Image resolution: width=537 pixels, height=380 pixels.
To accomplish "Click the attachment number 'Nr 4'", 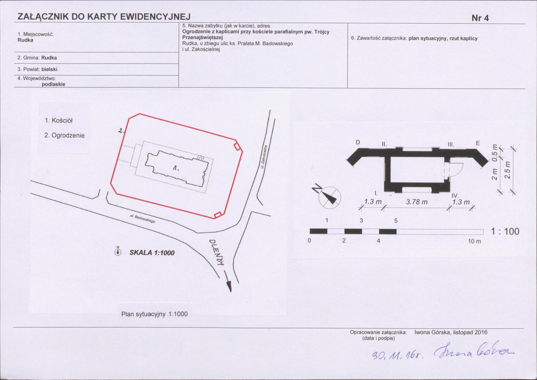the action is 480,18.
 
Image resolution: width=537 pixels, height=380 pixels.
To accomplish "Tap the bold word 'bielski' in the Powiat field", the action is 49,69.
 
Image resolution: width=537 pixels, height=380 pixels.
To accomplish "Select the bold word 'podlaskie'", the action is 53,84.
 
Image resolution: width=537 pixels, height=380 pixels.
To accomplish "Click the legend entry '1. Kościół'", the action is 59,121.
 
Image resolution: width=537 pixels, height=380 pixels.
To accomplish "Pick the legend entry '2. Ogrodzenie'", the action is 64,135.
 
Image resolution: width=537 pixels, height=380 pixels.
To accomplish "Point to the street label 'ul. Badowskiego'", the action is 142,219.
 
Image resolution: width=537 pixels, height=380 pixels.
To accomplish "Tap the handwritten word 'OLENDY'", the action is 216,252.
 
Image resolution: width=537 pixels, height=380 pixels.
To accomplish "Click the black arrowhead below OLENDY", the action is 229,286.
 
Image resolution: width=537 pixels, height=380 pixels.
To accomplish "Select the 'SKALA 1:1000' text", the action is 152,253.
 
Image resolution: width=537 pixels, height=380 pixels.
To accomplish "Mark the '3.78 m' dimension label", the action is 417,202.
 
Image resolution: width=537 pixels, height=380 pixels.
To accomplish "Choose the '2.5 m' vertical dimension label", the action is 508,170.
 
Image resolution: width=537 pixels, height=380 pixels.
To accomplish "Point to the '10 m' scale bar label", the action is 474,241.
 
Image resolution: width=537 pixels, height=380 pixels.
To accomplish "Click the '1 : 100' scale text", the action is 505,231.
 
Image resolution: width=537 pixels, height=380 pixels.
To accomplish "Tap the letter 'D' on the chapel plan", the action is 358,142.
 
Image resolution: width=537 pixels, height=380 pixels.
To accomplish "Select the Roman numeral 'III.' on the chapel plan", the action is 451,145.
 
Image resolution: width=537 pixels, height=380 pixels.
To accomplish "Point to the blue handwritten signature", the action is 474,350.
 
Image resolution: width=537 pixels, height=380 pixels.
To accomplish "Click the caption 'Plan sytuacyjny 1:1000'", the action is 155,314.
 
